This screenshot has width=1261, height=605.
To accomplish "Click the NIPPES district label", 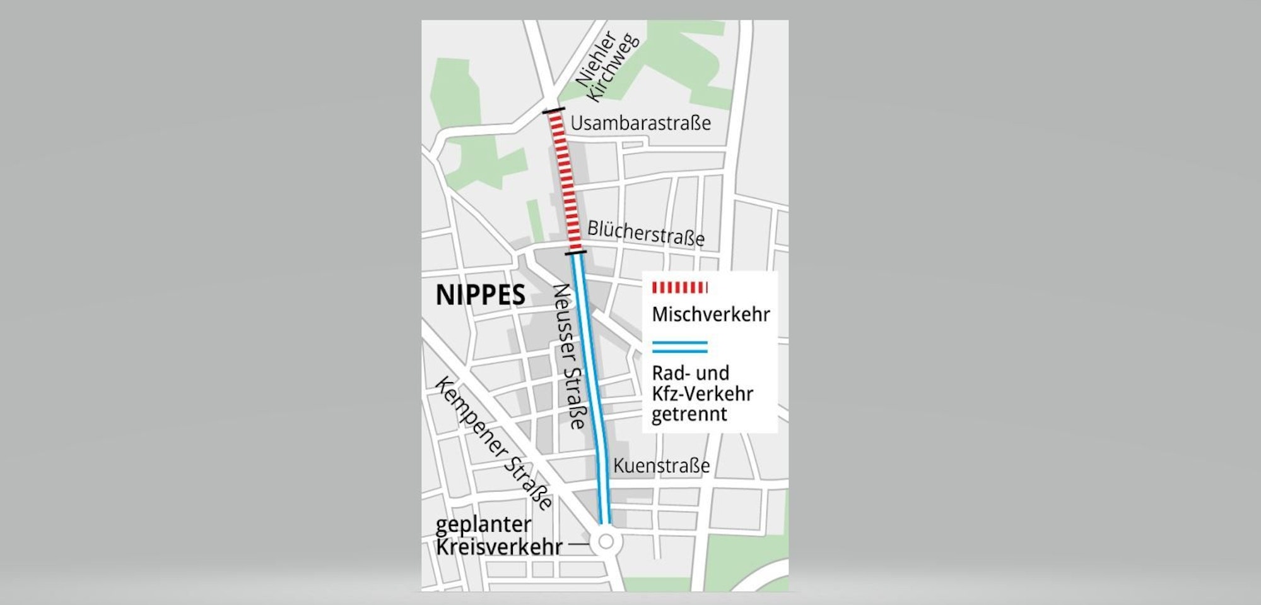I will tap(480, 296).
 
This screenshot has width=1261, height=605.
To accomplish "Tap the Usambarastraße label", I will tap(640, 123).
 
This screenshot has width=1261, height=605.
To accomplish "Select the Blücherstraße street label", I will tap(645, 234).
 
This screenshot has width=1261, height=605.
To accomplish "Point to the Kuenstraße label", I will tap(661, 466).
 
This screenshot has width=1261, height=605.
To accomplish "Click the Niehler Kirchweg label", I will tap(607, 66).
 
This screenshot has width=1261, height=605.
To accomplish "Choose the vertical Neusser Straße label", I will tap(570, 357).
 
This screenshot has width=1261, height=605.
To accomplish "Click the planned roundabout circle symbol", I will tap(606, 541).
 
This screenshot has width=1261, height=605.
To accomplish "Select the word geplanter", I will tap(484, 525).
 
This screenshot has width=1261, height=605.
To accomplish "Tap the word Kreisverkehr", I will tap(498, 547).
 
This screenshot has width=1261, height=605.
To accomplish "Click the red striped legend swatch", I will tap(679, 288).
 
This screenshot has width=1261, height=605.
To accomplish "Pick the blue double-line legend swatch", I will tap(679, 347).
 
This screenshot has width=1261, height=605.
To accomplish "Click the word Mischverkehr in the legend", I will tap(710, 314).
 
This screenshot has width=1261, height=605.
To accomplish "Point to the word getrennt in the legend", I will tap(689, 415).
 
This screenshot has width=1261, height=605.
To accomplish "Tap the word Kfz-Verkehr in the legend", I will tap(702, 394).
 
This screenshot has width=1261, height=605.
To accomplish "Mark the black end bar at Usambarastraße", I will tap(554, 112).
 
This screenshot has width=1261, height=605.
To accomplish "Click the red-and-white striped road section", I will tap(565, 183).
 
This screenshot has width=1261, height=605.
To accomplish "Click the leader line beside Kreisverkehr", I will tap(578, 543).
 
